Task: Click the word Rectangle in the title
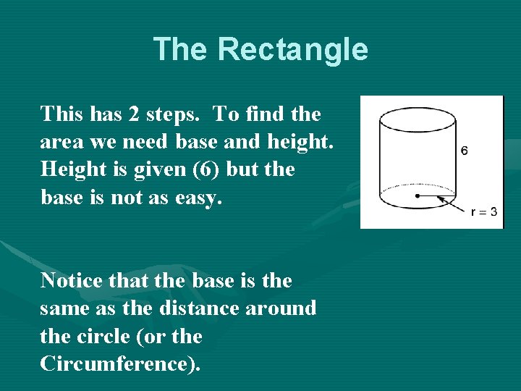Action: tap(292, 50)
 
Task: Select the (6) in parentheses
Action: tap(238, 169)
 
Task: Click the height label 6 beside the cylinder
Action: tap(464, 151)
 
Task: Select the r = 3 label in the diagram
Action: tap(483, 212)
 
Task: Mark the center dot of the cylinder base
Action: tap(418, 195)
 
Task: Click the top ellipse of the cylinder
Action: tap(418, 119)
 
